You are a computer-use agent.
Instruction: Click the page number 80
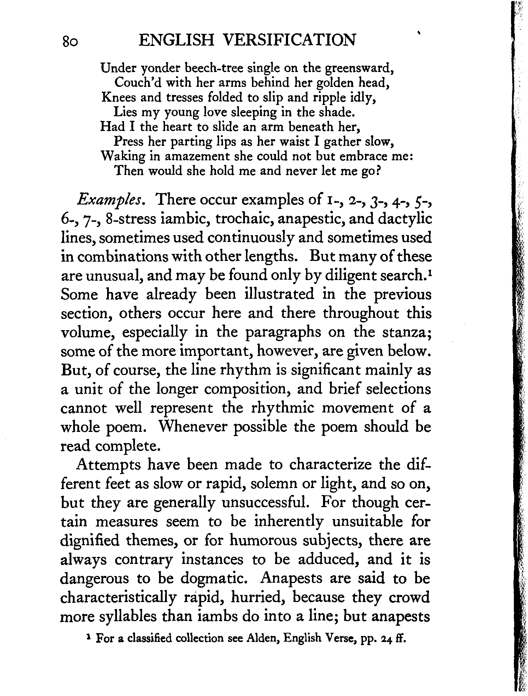coord(71,41)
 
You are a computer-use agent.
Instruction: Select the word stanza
coord(407,332)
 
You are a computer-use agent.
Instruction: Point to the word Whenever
coord(192,427)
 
